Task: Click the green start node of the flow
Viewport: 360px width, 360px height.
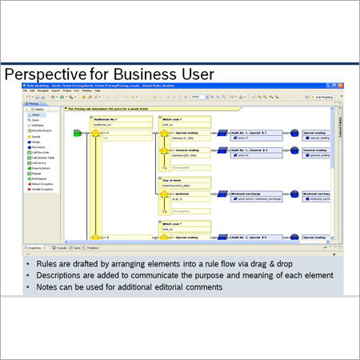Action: pos(78,134)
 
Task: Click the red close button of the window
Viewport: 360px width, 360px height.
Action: pos(331,86)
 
